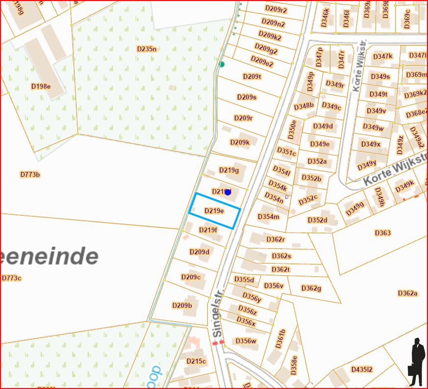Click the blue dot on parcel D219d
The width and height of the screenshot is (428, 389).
[x=228, y=192]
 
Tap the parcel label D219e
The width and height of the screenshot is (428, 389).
[x=214, y=211]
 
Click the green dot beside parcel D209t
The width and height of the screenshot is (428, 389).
[x=222, y=64]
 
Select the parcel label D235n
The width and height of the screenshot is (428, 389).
[x=147, y=49]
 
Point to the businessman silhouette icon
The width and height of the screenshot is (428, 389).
[x=416, y=362]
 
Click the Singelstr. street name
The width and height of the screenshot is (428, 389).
[x=218, y=313]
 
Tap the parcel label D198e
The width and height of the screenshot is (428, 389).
[x=41, y=86]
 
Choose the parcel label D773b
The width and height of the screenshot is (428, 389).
[x=30, y=175]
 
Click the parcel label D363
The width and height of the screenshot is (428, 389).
[x=383, y=233]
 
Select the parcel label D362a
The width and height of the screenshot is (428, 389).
[x=407, y=293]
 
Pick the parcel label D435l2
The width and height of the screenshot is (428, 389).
[x=362, y=369]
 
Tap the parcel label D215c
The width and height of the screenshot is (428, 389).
[x=196, y=361]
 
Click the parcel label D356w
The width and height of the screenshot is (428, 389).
[x=246, y=341]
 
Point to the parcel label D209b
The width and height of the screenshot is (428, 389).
[x=182, y=305]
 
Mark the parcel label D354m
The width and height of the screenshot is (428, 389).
[x=268, y=217]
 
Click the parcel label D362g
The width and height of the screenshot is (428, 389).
[x=311, y=288]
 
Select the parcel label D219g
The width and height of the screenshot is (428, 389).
[x=229, y=170]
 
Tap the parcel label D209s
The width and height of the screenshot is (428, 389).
[x=247, y=97]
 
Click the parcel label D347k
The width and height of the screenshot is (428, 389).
[x=383, y=56]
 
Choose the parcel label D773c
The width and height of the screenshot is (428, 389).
[x=12, y=278]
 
